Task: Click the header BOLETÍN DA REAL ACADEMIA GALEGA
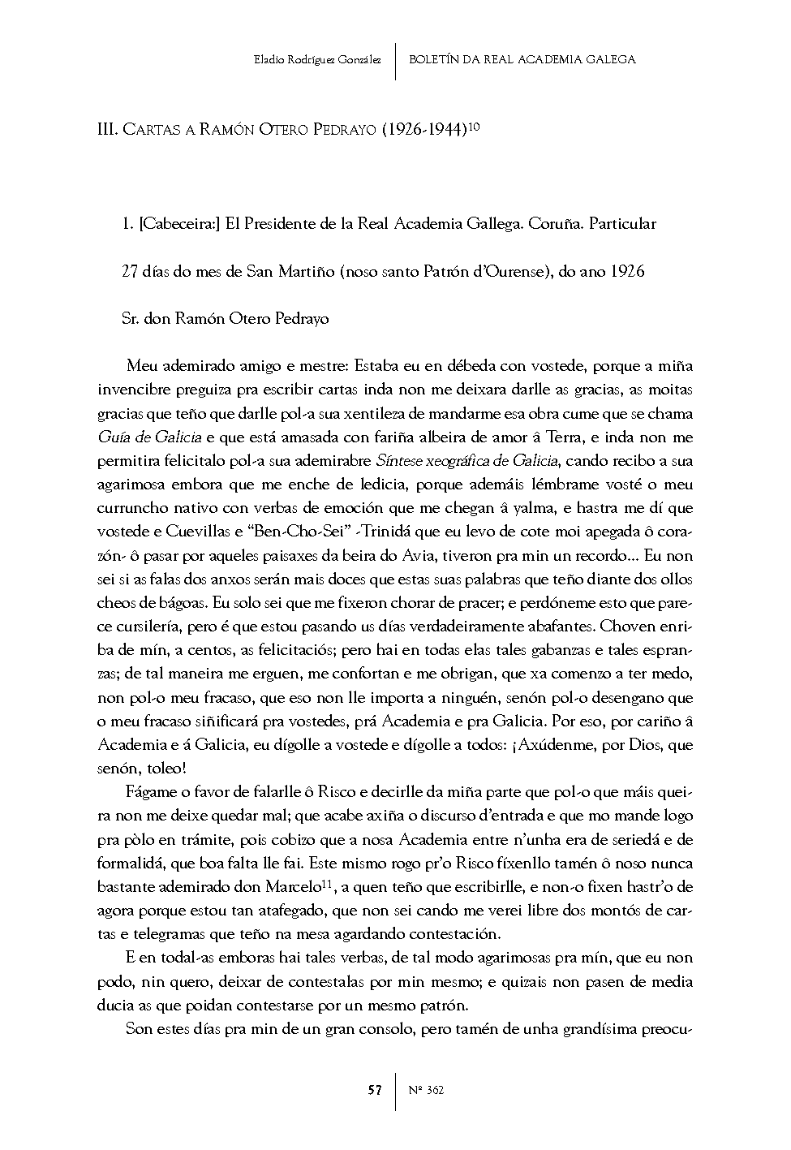[522, 59]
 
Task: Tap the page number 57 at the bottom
[374, 1090]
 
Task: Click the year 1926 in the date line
[627, 271]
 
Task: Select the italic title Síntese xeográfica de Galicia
[466, 461]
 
